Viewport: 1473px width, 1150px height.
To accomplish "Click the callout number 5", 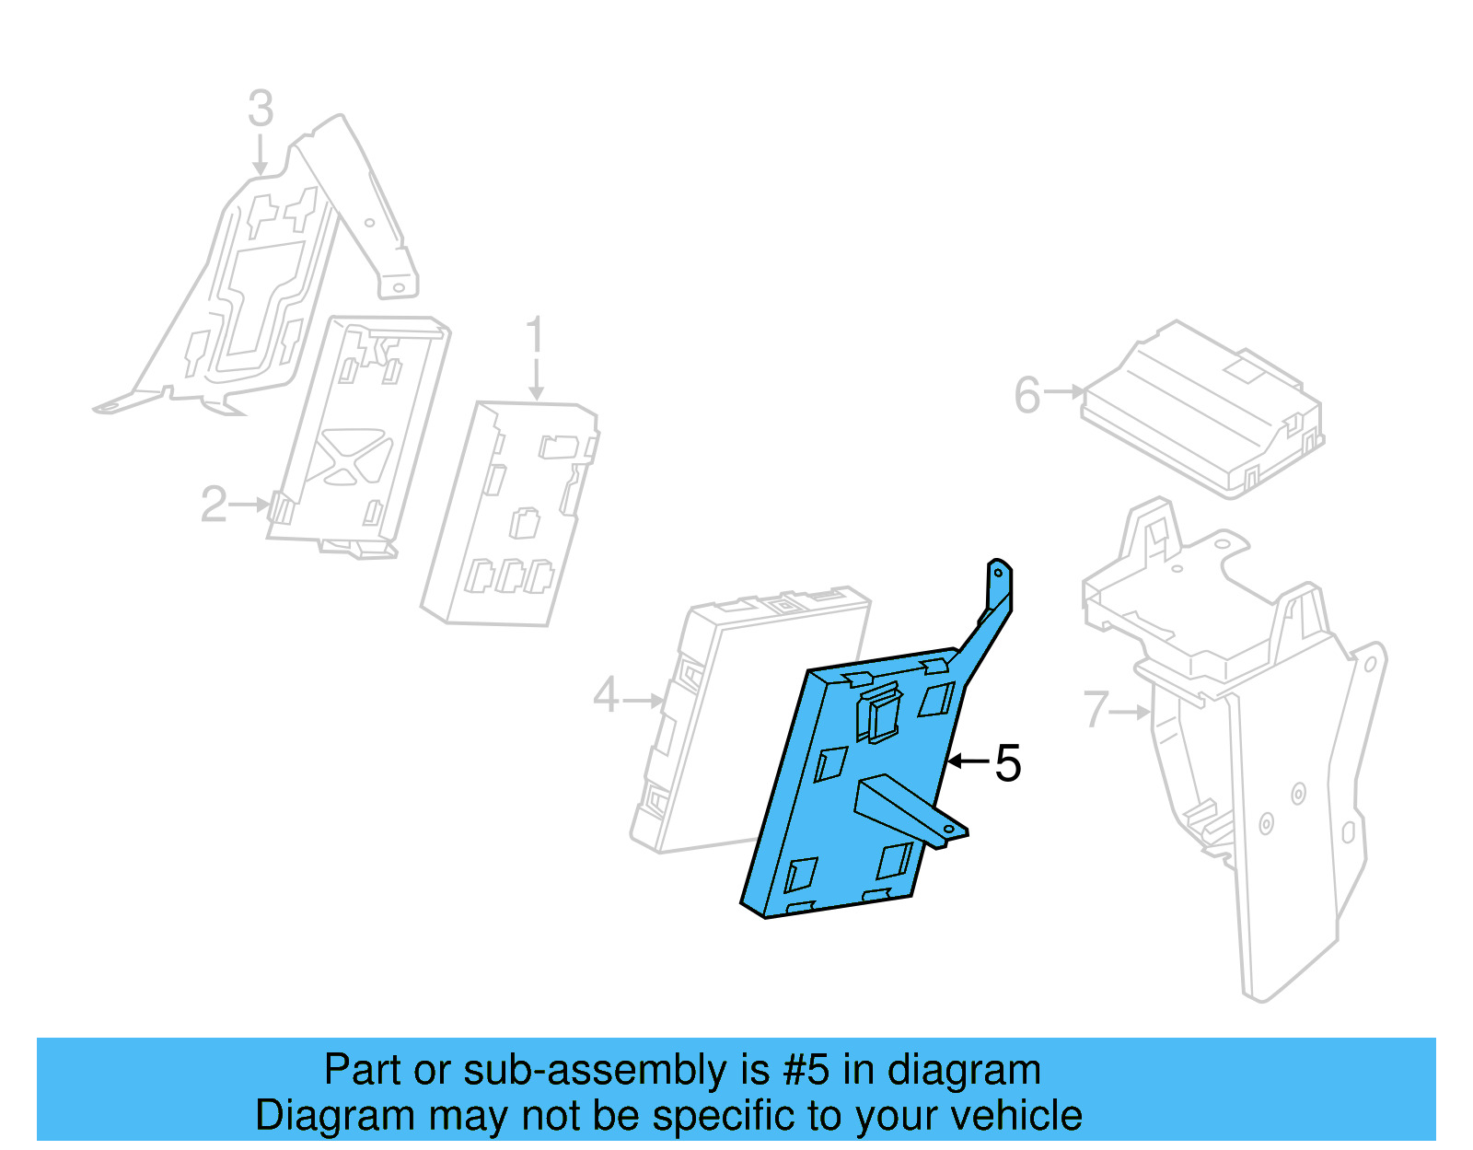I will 1008,763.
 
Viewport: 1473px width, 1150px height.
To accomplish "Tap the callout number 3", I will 261,109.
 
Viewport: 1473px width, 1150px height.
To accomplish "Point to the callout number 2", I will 214,505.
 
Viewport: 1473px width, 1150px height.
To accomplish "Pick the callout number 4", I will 606,695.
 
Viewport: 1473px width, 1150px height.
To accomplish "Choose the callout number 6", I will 1026,396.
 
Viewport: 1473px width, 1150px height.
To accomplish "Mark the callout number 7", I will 1096,710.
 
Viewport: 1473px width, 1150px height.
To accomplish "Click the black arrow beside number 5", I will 968,761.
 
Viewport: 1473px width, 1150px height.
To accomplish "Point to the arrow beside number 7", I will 1131,712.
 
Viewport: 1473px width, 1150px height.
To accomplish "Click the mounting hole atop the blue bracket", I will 998,573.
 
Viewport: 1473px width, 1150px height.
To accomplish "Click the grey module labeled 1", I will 511,516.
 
